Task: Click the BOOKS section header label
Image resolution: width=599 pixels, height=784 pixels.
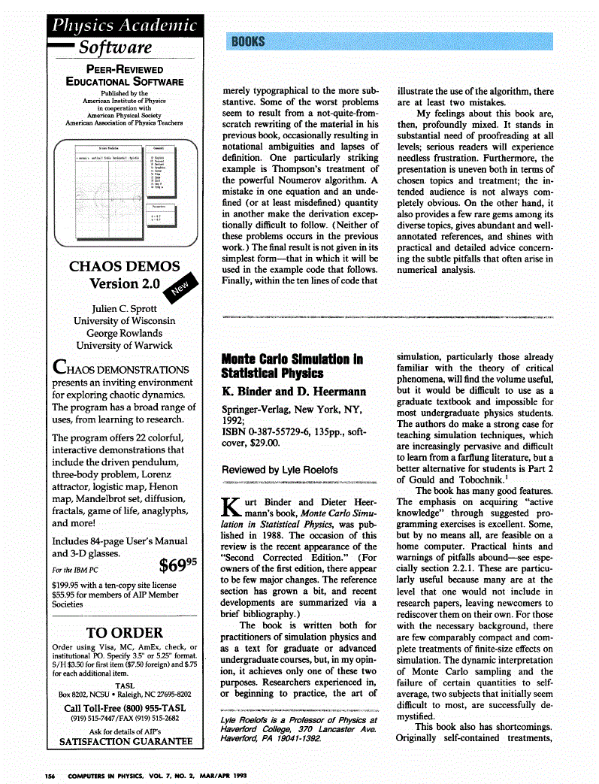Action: (x=248, y=42)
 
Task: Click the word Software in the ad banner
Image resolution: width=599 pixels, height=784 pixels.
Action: (x=116, y=47)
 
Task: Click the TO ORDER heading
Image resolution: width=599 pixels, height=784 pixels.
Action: (x=124, y=632)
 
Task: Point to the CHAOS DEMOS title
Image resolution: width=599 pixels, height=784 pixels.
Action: (x=124, y=266)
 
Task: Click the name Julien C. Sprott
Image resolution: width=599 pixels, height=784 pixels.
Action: (x=124, y=308)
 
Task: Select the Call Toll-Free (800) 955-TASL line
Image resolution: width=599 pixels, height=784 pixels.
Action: (x=125, y=708)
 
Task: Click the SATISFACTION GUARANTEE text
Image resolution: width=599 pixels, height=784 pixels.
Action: (x=125, y=743)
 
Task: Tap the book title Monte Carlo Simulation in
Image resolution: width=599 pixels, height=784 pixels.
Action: (x=292, y=359)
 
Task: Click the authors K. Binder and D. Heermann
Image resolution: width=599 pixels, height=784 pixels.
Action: (x=283, y=392)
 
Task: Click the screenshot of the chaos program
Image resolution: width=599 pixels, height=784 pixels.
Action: (x=124, y=192)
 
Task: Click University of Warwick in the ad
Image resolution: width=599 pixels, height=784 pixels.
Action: (x=124, y=345)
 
